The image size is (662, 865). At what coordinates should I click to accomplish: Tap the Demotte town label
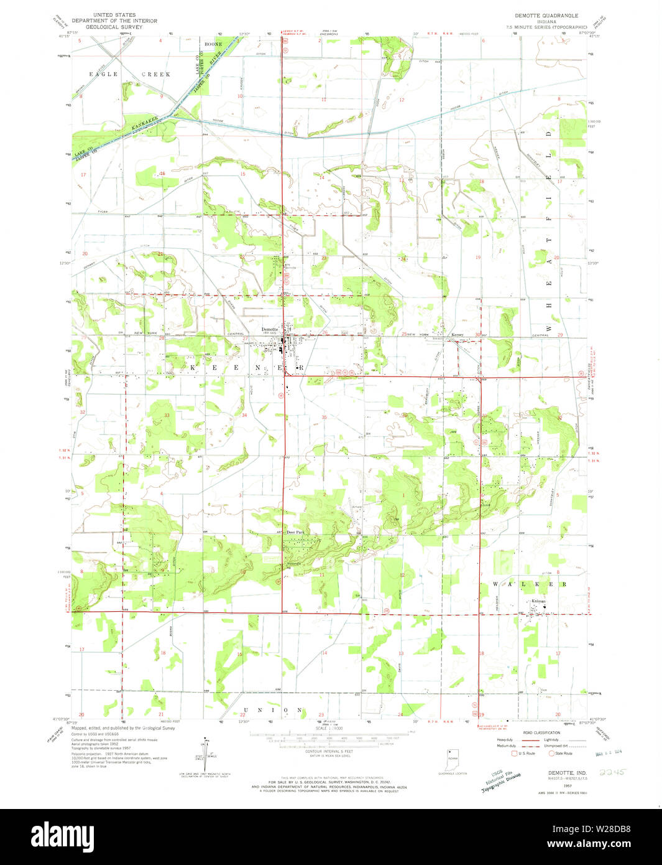click(x=269, y=329)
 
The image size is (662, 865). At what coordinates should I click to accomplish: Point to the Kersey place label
click(x=457, y=334)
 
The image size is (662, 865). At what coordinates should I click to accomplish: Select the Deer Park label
click(x=295, y=532)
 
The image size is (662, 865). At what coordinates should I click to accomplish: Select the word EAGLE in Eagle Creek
click(x=103, y=74)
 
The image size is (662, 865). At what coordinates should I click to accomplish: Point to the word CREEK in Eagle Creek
click(x=155, y=74)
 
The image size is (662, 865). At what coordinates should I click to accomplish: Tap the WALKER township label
click(x=530, y=584)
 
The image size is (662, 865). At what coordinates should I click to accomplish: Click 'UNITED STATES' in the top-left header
click(x=114, y=14)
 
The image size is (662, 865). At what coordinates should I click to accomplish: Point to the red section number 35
click(x=324, y=416)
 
